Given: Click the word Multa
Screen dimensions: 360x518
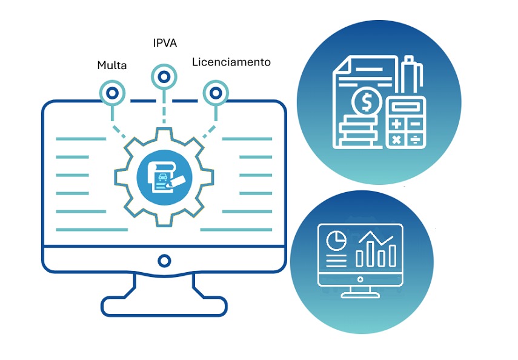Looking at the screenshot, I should (x=112, y=65).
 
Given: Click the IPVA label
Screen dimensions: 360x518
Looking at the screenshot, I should (x=164, y=43).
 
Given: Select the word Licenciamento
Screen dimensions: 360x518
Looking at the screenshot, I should (x=231, y=62).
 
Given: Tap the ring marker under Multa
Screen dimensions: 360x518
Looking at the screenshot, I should (x=111, y=93).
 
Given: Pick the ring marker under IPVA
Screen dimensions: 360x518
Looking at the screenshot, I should (x=164, y=76).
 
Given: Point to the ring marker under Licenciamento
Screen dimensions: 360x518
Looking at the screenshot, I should (x=214, y=93).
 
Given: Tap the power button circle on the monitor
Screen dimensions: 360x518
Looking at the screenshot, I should (x=164, y=261).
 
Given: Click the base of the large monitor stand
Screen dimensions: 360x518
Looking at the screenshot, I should (x=164, y=306).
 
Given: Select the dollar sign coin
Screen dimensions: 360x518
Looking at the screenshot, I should (x=367, y=102).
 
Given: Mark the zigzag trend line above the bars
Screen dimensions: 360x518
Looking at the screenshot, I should (x=376, y=238).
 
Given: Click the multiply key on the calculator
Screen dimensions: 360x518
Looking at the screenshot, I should (x=397, y=139).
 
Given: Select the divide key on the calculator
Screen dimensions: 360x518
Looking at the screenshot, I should (x=415, y=139).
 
